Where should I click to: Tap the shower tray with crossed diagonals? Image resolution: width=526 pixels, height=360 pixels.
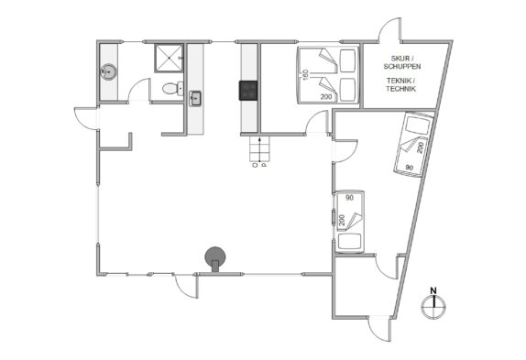pyautogui.click(x=169, y=58)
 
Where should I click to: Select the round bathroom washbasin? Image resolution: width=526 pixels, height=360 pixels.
pyautogui.click(x=109, y=71)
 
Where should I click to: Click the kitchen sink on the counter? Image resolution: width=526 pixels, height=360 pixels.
pyautogui.click(x=195, y=99)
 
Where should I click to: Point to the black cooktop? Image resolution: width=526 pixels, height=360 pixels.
pyautogui.click(x=248, y=91)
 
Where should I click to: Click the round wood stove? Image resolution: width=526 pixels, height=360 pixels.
pyautogui.click(x=215, y=258)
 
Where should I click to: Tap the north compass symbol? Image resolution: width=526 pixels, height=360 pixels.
pyautogui.click(x=433, y=308)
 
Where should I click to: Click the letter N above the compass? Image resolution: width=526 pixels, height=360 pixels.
pyautogui.click(x=433, y=290)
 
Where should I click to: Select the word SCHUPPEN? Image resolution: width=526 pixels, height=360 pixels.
pyautogui.click(x=402, y=66)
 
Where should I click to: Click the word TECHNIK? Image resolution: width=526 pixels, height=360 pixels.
pyautogui.click(x=400, y=89)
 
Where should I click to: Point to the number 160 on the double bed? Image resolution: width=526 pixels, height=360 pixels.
pyautogui.click(x=305, y=74)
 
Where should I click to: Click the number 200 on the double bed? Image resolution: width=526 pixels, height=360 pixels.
pyautogui.click(x=326, y=97)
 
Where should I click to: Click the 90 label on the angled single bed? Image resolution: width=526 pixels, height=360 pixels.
pyautogui.click(x=410, y=168)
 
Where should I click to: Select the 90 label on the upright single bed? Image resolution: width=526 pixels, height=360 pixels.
pyautogui.click(x=349, y=198)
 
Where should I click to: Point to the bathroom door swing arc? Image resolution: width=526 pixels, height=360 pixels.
pyautogui.click(x=136, y=85)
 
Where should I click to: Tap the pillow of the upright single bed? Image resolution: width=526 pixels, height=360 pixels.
pyautogui.click(x=349, y=241)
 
